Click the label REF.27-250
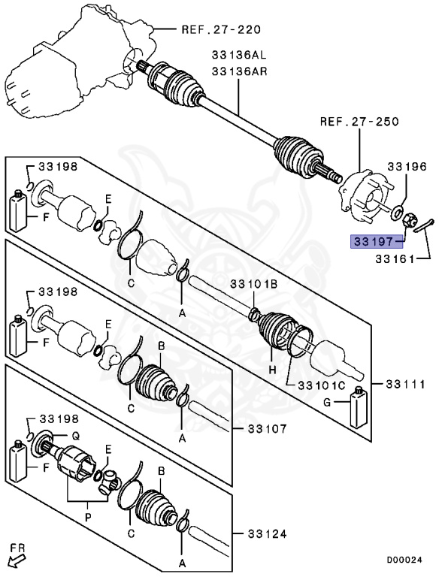[358, 121]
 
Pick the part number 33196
[407, 165]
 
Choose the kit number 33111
[407, 383]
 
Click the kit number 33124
[265, 534]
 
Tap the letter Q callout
[75, 434]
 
